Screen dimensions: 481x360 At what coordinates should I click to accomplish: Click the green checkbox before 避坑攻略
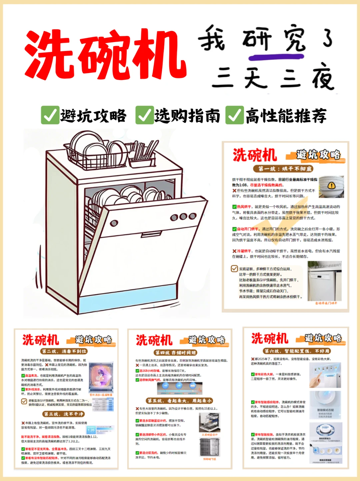pos(50,115)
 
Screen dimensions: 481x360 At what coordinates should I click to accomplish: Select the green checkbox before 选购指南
pos(144,115)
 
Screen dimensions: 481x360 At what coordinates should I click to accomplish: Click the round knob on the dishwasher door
pos(114,223)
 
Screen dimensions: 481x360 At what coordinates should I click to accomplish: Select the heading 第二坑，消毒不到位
pos(64,351)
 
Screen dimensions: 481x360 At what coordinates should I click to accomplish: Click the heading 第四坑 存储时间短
pos(176,353)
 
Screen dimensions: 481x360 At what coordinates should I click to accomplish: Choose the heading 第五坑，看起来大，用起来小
pos(179,401)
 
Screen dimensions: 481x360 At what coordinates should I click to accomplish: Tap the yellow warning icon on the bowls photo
pos(331,185)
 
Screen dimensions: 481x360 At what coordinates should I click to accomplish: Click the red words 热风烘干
pos(244,207)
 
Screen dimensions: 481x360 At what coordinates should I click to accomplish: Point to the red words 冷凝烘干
pos(244,251)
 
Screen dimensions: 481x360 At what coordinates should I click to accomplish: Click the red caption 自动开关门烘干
pos(326,303)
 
